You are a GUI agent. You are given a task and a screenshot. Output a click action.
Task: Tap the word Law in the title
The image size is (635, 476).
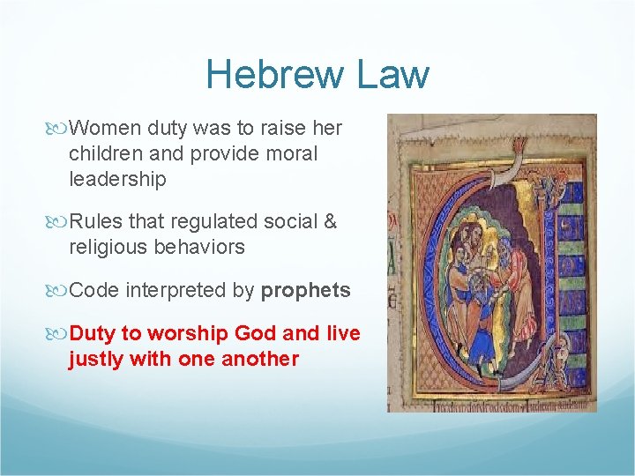pyautogui.click(x=392, y=74)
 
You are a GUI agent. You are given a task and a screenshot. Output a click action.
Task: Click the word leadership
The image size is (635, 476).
pyautogui.click(x=117, y=179)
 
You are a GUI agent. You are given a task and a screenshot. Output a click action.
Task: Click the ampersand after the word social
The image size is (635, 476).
pyautogui.click(x=330, y=221)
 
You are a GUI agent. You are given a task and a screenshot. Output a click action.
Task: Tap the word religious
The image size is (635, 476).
pyautogui.click(x=110, y=247)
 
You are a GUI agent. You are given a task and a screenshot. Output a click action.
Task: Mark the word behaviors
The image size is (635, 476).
pyautogui.click(x=201, y=247)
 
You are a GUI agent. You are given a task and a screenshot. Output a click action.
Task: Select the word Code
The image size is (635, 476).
pyautogui.click(x=94, y=290)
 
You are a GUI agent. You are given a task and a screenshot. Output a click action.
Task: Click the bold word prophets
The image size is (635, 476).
pyautogui.click(x=306, y=291)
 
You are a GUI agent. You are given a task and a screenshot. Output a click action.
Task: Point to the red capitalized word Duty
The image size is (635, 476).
pyautogui.click(x=92, y=333)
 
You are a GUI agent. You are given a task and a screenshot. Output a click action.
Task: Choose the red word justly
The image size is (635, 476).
pyautogui.click(x=96, y=359)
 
